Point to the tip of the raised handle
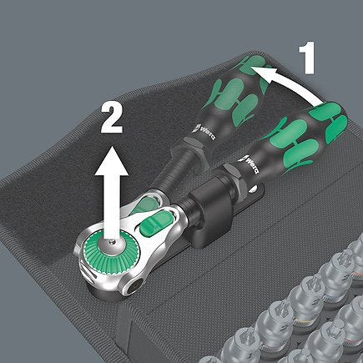(250, 64)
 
